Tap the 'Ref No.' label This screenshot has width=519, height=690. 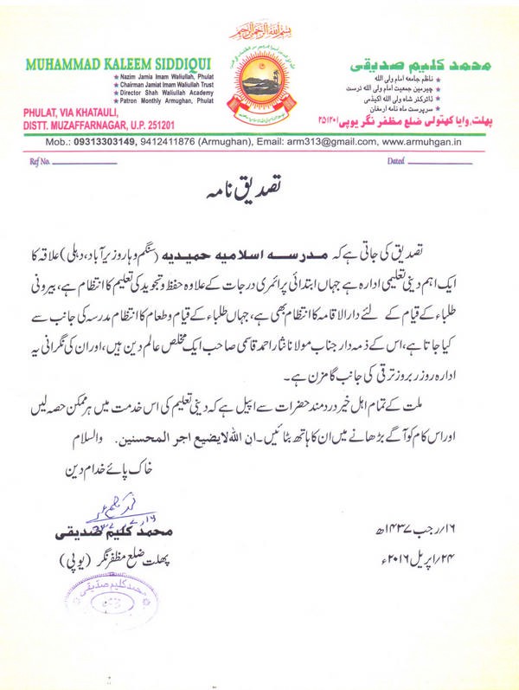(x=40, y=161)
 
